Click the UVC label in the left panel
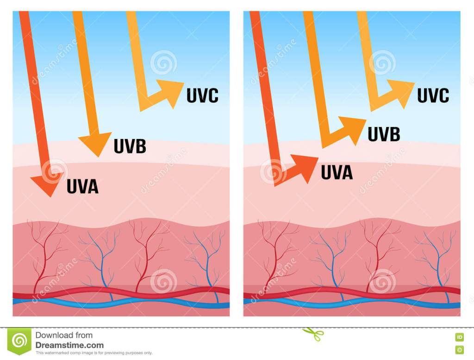tap(202, 95)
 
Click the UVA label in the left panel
tap(82, 186)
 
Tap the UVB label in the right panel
tap(384, 134)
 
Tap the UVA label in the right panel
tap(337, 172)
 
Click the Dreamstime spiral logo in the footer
tap(19, 341)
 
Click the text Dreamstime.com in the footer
tap(69, 345)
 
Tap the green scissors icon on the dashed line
tap(313, 334)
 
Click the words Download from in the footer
tap(64, 335)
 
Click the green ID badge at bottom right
tap(460, 337)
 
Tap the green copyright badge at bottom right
tap(460, 348)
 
